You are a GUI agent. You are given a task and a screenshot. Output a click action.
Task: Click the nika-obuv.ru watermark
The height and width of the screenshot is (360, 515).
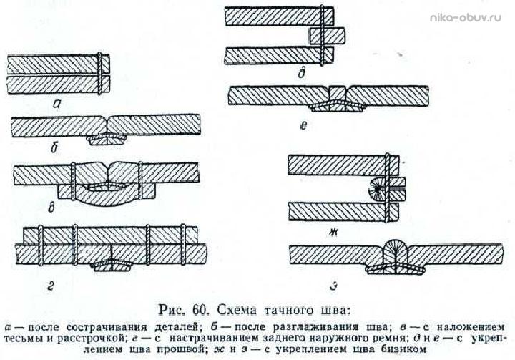[x=466, y=17]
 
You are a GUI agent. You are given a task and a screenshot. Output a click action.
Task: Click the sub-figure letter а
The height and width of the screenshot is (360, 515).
[x=57, y=104]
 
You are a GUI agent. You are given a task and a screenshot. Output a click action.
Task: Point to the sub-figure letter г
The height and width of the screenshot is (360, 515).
[x=50, y=287]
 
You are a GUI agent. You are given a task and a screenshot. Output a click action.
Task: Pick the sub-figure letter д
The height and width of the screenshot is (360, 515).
[x=301, y=74]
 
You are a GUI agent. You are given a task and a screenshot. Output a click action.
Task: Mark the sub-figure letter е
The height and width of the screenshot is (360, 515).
[x=303, y=125]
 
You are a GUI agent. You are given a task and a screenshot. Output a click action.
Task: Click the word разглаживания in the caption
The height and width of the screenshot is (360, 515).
[x=315, y=328]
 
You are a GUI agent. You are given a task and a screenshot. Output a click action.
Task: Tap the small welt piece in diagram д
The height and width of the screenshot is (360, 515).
[x=327, y=36]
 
